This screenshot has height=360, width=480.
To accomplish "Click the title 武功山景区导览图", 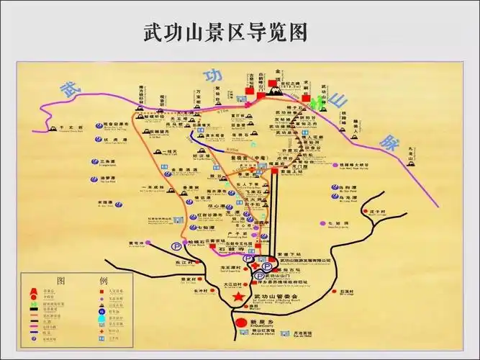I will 226,32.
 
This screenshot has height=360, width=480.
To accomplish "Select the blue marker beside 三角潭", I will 93,162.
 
